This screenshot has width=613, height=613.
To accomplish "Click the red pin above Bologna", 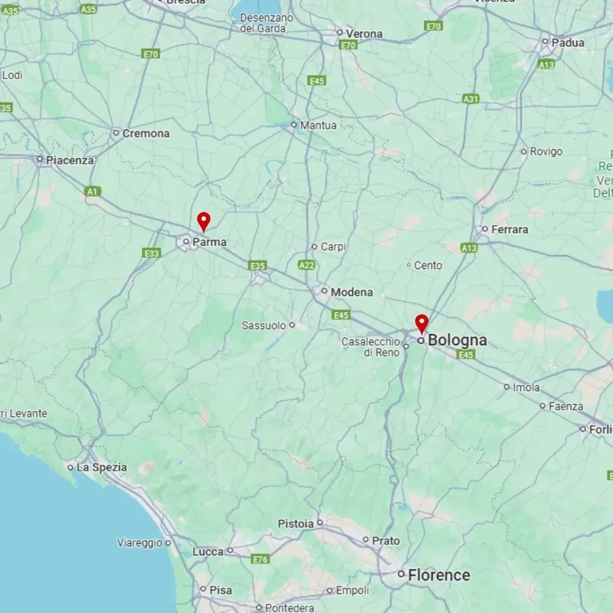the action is [422, 322].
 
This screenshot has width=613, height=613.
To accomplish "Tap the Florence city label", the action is [439, 575].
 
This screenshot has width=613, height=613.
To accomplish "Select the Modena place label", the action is [351, 292].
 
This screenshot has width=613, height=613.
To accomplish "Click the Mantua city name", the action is [318, 125].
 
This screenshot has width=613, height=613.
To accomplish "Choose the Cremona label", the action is [145, 133].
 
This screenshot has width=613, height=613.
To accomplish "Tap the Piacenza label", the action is [70, 161].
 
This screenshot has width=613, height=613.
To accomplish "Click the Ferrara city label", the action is [509, 229].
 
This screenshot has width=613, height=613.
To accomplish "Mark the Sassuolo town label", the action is [264, 326].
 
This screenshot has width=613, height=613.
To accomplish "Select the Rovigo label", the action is [546, 151].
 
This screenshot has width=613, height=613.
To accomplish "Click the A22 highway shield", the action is [306, 265].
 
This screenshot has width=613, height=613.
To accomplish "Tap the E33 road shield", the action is [151, 253].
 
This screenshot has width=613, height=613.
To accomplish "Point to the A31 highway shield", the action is [471, 99].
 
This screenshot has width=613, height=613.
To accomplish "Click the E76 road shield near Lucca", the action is [261, 559].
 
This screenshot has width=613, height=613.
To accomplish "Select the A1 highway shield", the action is [92, 192].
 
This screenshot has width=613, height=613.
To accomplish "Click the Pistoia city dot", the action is [319, 523].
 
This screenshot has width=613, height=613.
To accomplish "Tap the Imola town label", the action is [526, 387].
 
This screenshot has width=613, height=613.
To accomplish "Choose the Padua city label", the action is [568, 43].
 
